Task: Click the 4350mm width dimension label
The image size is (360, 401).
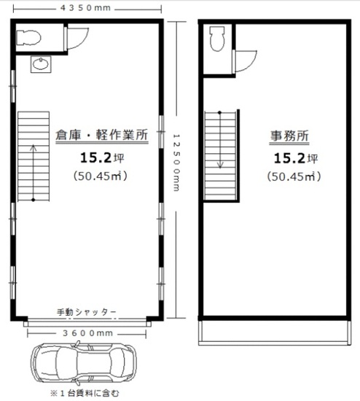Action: pyautogui.click(x=85, y=8)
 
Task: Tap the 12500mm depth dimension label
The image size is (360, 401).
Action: pyautogui.click(x=176, y=163)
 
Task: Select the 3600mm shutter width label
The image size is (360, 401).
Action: pyautogui.click(x=87, y=333)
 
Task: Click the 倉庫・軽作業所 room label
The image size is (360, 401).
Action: pyautogui.click(x=102, y=135)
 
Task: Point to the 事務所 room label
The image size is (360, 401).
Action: pyautogui.click(x=289, y=136)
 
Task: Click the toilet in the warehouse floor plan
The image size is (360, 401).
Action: pyautogui.click(x=28, y=38)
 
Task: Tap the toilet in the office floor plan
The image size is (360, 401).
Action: pyautogui.click(x=217, y=39)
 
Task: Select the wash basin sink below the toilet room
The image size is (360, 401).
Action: pyautogui.click(x=41, y=64)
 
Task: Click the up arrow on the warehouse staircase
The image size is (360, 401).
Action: pyautogui.click(x=34, y=172)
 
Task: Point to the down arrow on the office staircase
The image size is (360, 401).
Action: pyautogui.click(x=220, y=140)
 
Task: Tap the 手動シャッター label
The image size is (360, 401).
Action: pyautogui.click(x=86, y=312)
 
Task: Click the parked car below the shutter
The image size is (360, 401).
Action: pyautogui.click(x=83, y=362)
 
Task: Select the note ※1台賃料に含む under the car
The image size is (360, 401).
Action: pyautogui.click(x=85, y=393)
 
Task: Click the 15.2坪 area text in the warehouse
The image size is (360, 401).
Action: pyautogui.click(x=102, y=157)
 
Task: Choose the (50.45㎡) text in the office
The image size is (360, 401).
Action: pyautogui.click(x=294, y=176)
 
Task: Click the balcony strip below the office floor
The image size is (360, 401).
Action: pyautogui.click(x=275, y=332)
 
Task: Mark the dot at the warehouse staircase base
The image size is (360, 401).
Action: pyautogui.click(x=34, y=200)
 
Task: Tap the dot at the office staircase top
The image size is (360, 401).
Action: pyautogui.click(x=219, y=112)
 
